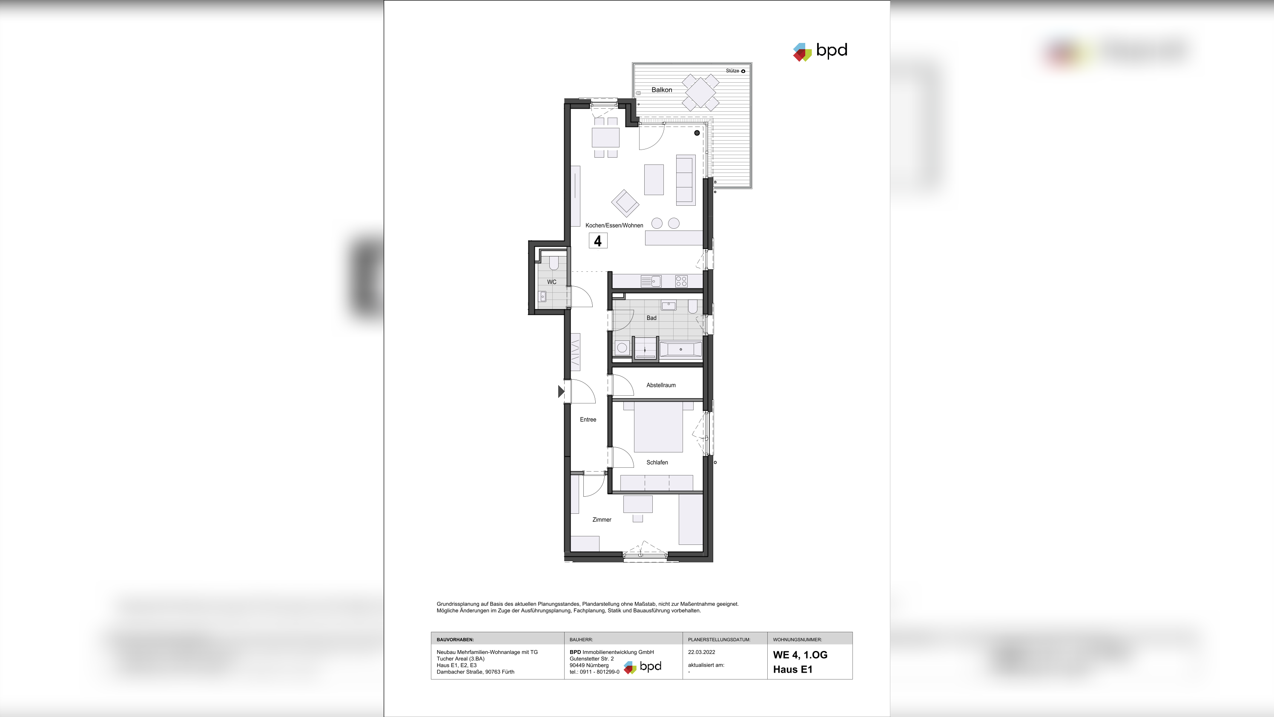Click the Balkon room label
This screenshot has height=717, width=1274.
661,90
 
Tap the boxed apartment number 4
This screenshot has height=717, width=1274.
598,241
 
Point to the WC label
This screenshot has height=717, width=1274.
551,282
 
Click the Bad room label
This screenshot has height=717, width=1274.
651,318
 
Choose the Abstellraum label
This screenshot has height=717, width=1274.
661,386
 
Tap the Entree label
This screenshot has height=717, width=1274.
588,420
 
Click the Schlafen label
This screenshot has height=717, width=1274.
657,463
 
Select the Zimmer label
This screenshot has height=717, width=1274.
601,520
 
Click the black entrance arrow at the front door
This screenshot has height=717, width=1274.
561,392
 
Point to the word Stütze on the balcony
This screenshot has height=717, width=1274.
732,71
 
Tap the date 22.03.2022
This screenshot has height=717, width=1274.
701,652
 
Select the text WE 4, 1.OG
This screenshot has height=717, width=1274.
800,655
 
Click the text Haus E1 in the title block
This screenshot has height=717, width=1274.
792,669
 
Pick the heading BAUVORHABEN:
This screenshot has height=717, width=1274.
455,640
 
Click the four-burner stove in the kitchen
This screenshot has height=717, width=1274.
681,282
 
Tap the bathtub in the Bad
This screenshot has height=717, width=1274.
680,349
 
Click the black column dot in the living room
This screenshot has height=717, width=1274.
697,133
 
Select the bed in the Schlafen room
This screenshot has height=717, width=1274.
658,427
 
